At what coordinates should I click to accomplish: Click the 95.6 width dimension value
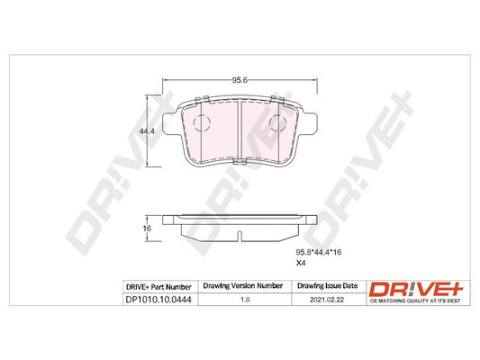pyautogui.click(x=240, y=80)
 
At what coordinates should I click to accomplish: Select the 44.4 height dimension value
pyautogui.click(x=147, y=131)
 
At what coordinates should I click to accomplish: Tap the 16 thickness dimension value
pyautogui.click(x=147, y=229)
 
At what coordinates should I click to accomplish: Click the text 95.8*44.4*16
pyautogui.click(x=319, y=252)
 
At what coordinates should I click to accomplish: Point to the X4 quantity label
pyautogui.click(x=301, y=263)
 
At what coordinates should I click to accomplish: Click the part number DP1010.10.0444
pyautogui.click(x=158, y=300)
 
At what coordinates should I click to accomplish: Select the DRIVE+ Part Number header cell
pyautogui.click(x=158, y=287)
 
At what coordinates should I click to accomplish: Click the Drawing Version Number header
pyautogui.click(x=243, y=285)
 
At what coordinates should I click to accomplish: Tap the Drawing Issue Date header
pyautogui.click(x=327, y=285)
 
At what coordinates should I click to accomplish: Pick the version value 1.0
pyautogui.click(x=245, y=300)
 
